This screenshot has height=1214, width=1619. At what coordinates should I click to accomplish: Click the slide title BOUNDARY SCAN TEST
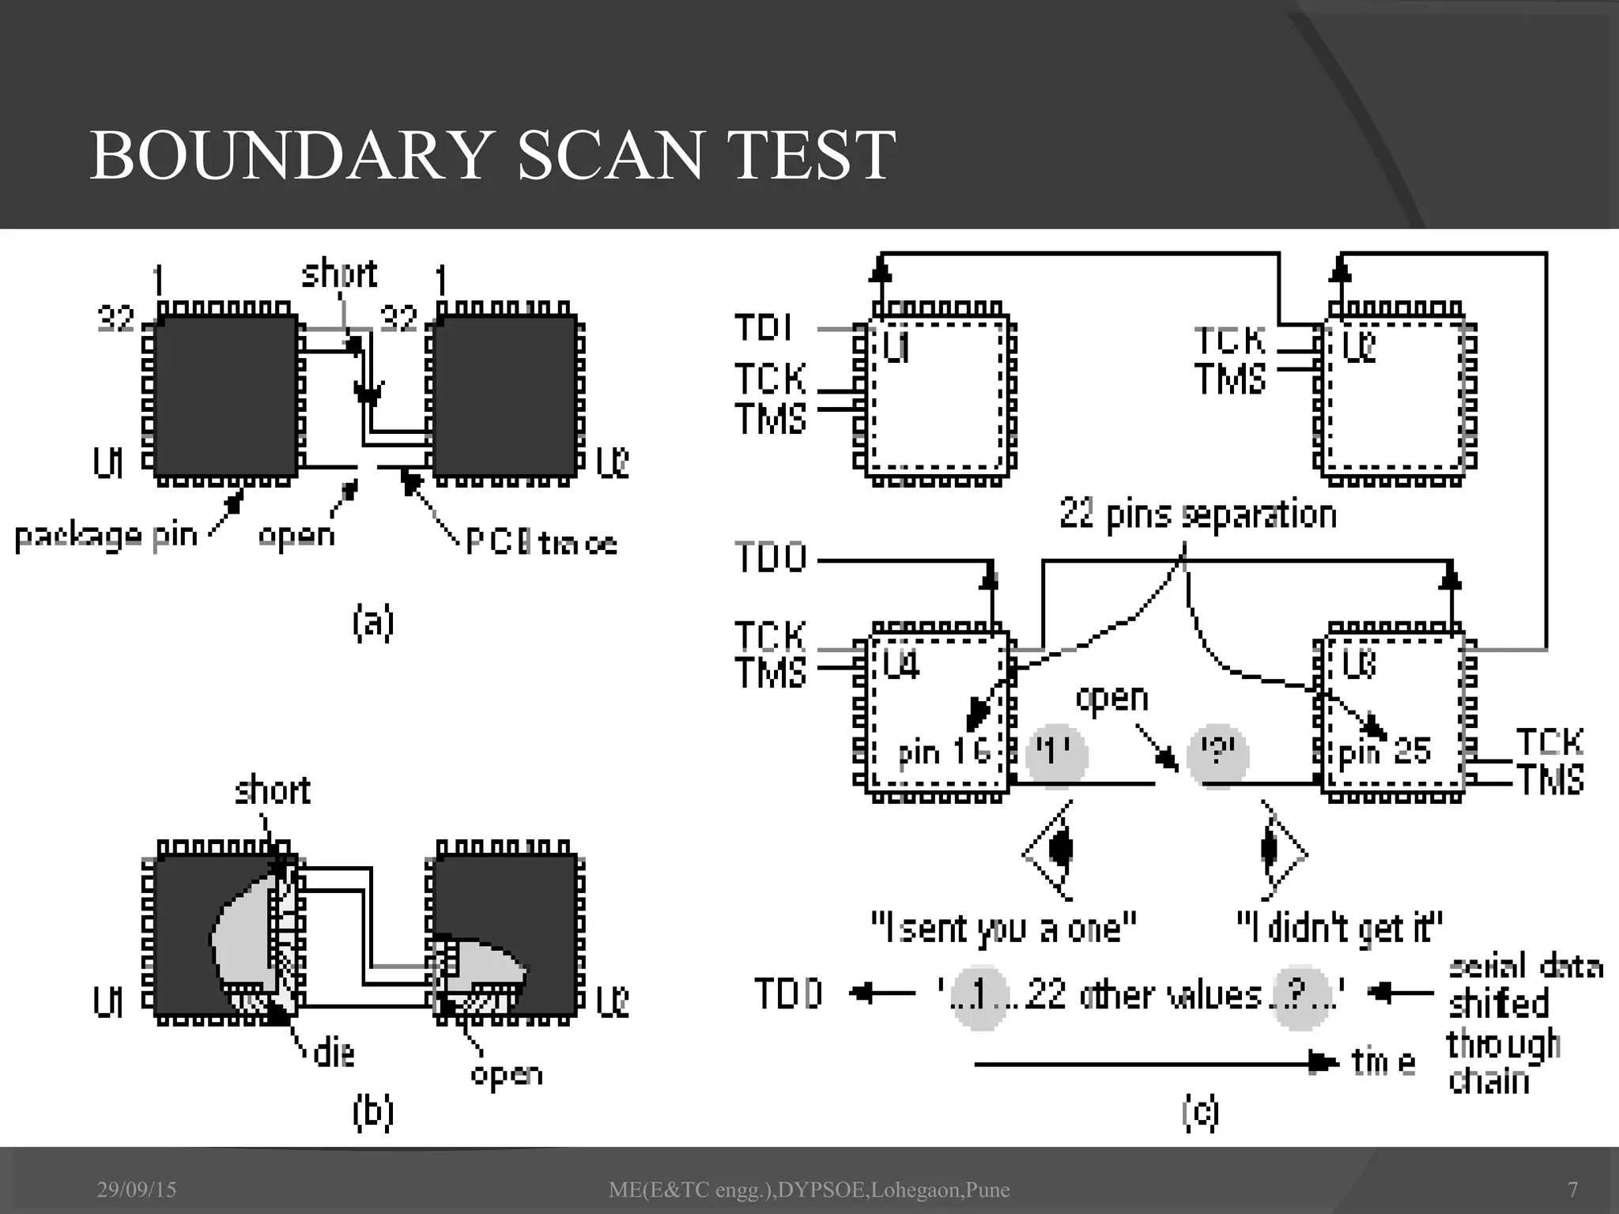click(x=493, y=155)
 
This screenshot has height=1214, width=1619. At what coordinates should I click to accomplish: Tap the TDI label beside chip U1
click(x=763, y=327)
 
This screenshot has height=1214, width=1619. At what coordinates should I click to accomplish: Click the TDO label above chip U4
click(x=771, y=558)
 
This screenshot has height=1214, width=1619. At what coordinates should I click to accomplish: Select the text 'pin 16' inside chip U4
click(x=944, y=752)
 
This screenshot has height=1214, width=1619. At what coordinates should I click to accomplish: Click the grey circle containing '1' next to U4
click(x=1056, y=755)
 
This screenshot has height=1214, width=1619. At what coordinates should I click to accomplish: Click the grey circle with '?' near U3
click(x=1218, y=755)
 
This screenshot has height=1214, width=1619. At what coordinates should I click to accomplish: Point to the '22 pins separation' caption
click(x=1198, y=515)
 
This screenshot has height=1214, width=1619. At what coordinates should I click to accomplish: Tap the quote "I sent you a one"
click(x=1003, y=928)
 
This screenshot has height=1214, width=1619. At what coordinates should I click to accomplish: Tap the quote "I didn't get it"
click(x=1339, y=928)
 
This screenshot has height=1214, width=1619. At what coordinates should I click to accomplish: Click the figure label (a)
click(x=372, y=623)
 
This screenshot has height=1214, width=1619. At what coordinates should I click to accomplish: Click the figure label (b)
click(x=372, y=1112)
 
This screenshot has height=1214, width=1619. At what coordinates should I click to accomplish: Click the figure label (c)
click(x=1200, y=1112)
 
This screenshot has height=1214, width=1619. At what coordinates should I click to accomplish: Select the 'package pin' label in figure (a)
click(x=106, y=537)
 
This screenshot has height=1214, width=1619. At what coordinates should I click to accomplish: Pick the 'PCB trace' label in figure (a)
click(x=541, y=543)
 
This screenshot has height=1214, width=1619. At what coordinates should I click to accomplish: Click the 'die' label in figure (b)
click(x=334, y=1054)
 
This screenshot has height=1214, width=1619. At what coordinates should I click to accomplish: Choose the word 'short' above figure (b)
click(x=273, y=790)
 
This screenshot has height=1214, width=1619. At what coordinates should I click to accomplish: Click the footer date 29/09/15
click(x=137, y=1189)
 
